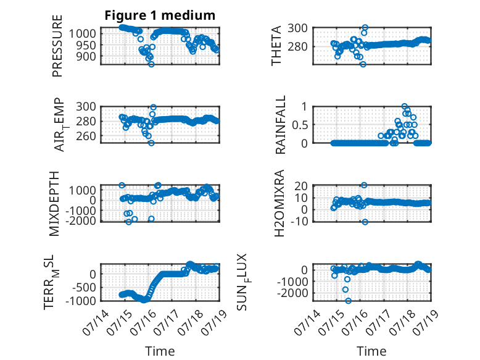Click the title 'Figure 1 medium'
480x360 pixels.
160,15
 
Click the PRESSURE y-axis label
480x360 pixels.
57,46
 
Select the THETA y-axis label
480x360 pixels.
276,46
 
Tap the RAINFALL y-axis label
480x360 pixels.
280,125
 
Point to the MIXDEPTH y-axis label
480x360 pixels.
54,203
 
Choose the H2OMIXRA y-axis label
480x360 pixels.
279,203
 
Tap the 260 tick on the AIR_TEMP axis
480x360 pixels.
86,136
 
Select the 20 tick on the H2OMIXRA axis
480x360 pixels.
301,186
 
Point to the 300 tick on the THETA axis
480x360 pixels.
297,28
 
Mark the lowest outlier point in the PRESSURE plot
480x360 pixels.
151,64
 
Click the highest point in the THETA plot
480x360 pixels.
365,28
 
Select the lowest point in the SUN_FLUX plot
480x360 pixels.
348,301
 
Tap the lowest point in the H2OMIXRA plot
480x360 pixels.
365,222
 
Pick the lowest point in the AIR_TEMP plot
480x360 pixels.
151,143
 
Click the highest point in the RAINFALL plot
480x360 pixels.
404,106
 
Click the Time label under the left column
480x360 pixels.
160,351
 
